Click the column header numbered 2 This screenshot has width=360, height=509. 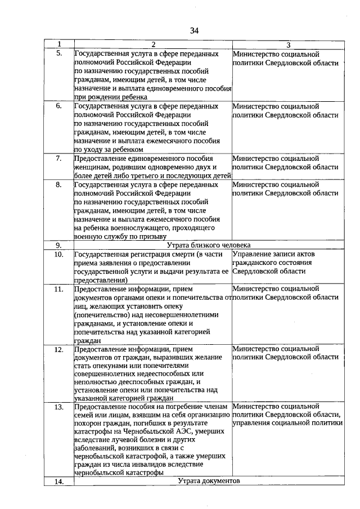point(152,44)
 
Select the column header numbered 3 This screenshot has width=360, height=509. point(288,44)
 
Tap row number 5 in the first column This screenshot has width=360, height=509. point(59,53)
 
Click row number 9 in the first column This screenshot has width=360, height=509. point(59,245)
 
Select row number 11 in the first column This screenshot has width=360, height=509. point(59,289)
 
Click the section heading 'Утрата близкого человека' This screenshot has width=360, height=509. point(209,245)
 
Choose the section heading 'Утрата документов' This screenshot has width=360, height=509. point(209,481)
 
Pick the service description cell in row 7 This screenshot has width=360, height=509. point(152,166)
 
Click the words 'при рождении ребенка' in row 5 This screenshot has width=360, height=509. point(109,97)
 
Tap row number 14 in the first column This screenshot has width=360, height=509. point(59,481)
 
